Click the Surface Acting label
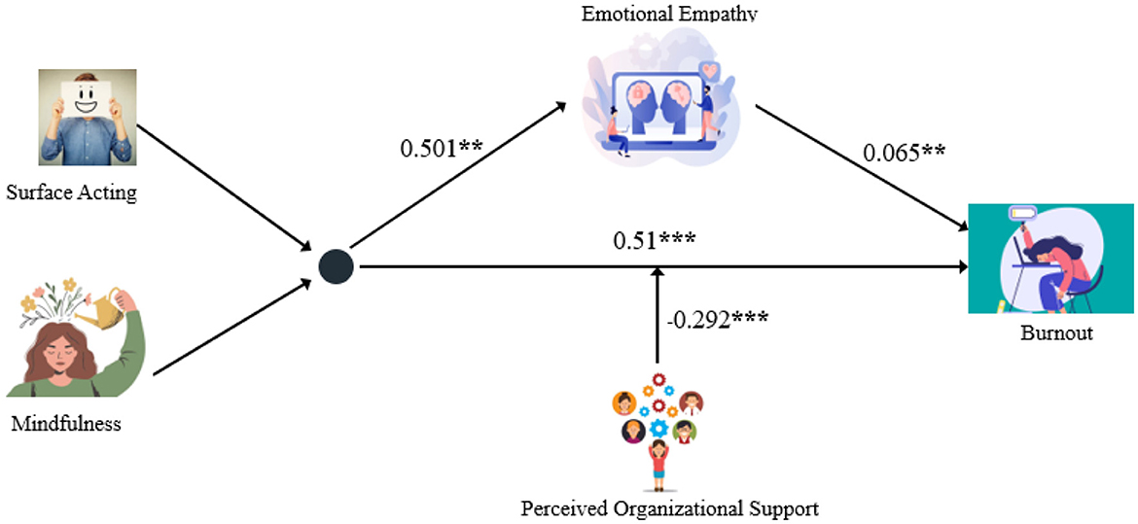71,192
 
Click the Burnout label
1056,333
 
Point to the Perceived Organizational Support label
670,507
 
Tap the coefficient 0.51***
654,238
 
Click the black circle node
337,264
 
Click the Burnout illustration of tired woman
1050,258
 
